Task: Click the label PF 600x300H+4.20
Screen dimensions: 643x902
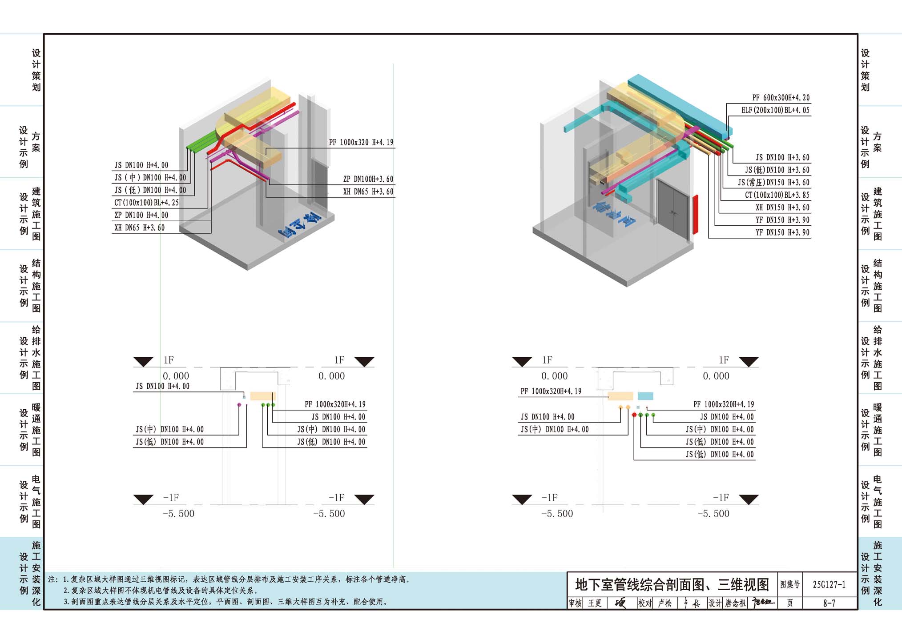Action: [781, 98]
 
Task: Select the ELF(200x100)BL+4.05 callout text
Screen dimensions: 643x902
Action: [775, 110]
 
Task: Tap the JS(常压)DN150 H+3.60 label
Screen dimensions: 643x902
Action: [773, 183]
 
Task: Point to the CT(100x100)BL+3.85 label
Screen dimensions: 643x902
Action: [777, 195]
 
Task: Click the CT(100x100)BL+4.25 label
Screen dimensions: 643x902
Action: [146, 203]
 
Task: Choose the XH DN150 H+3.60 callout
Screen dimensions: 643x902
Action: [782, 208]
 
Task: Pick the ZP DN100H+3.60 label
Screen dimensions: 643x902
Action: [368, 179]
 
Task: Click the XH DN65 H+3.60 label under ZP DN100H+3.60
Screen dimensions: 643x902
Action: [368, 192]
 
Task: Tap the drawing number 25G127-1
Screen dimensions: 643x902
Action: [829, 584]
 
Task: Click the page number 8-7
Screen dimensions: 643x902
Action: [829, 603]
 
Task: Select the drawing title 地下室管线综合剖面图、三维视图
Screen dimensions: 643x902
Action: [672, 584]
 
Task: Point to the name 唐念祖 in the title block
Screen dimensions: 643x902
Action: [736, 603]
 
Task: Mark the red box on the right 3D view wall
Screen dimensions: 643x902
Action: [695, 214]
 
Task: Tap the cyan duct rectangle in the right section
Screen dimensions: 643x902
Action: [645, 396]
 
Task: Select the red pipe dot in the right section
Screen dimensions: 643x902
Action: [634, 415]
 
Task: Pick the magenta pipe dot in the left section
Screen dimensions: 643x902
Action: [239, 405]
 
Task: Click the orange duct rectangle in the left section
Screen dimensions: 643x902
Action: [262, 396]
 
